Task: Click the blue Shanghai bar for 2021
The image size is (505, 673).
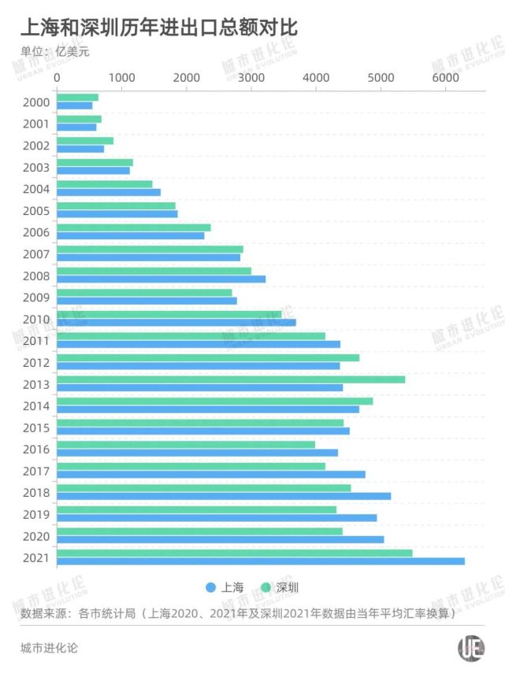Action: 260,561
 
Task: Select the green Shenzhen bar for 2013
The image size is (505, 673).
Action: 231,379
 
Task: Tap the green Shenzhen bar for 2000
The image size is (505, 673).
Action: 77,98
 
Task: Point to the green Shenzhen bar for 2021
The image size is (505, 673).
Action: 234,553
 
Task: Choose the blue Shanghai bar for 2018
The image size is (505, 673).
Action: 224,496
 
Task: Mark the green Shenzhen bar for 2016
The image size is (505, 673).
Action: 186,445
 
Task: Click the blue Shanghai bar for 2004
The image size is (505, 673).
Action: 109,192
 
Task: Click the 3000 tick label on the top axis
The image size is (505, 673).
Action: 251,78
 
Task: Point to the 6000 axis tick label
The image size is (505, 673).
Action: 444,78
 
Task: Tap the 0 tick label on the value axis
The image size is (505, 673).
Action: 57,78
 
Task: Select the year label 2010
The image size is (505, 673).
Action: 37,320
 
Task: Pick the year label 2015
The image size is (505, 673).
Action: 37,427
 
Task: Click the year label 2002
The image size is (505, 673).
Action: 37,146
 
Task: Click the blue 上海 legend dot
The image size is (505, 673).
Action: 210,588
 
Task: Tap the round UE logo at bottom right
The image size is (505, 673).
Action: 471,649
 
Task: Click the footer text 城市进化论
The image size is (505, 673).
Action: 49,649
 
